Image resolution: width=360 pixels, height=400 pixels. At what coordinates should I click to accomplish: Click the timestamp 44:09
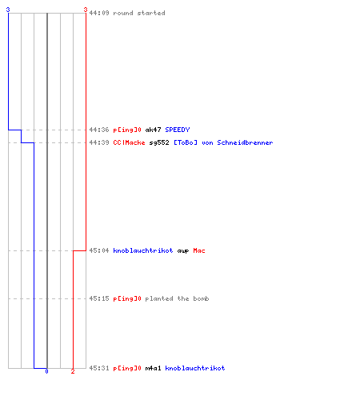(x=99, y=13)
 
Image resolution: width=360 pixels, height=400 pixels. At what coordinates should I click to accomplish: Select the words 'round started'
(x=139, y=13)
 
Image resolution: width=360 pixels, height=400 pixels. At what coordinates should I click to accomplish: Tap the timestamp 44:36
(x=99, y=130)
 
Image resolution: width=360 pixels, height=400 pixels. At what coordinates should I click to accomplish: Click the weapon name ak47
(x=153, y=130)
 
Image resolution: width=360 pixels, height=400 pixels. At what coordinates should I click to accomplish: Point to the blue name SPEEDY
(x=178, y=130)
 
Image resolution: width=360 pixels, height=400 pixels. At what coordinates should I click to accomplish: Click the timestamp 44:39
(x=99, y=142)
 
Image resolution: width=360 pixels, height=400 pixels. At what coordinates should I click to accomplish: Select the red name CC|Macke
(x=129, y=142)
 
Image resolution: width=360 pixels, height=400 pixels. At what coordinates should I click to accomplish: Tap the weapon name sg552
(x=159, y=143)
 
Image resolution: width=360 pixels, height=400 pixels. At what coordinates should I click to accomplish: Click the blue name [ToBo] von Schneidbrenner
(x=223, y=142)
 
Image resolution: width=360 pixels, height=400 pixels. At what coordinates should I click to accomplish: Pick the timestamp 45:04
(x=99, y=250)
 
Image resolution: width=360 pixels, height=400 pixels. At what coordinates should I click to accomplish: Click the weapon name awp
(x=183, y=251)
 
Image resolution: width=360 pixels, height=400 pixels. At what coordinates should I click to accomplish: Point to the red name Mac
(x=199, y=250)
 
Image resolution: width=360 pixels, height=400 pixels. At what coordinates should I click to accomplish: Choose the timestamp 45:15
(x=99, y=298)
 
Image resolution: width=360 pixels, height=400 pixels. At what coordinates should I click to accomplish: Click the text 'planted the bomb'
(x=177, y=298)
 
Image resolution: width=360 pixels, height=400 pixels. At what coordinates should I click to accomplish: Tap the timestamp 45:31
(x=99, y=368)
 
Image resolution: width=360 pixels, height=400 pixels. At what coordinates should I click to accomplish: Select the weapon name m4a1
(x=153, y=368)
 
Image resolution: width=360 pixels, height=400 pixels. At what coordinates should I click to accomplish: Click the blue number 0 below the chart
(x=46, y=371)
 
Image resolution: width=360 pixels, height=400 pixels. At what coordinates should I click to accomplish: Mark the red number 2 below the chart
(x=73, y=371)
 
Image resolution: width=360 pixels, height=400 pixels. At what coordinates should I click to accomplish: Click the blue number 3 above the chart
(x=8, y=10)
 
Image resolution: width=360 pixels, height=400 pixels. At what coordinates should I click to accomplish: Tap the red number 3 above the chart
(x=86, y=10)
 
